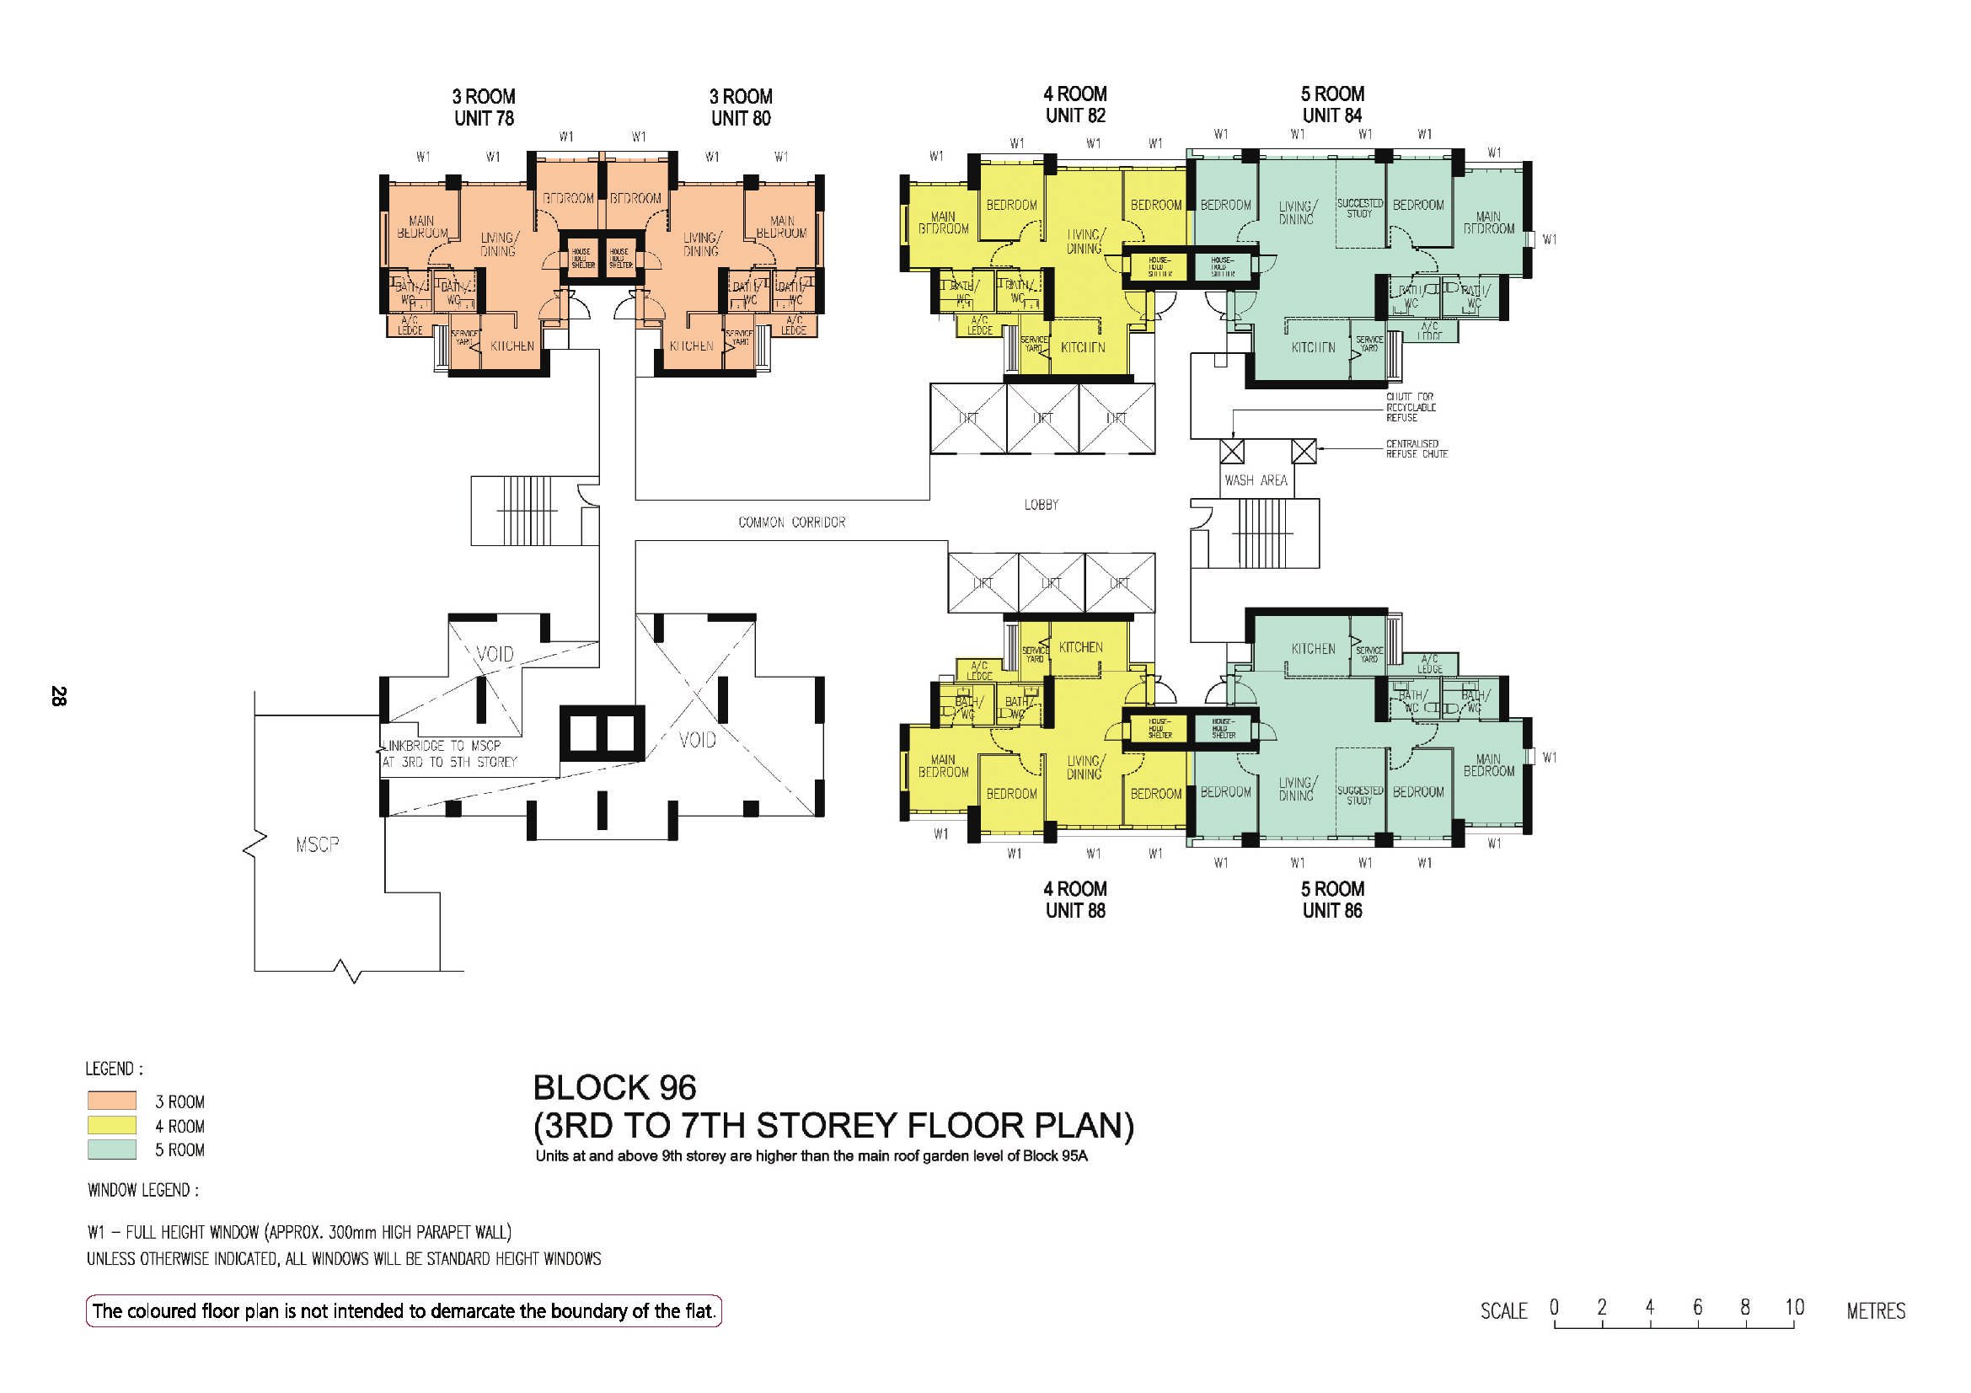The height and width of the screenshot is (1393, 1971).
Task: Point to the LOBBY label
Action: (x=1041, y=505)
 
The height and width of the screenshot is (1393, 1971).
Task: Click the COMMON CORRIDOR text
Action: (x=791, y=522)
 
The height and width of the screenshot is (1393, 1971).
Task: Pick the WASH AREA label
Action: (x=1255, y=480)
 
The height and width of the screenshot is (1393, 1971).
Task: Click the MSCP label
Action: (x=317, y=845)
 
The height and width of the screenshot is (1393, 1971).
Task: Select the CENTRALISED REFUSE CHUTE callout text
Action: (x=1417, y=449)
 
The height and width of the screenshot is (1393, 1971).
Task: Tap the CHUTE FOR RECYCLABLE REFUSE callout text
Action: (x=1411, y=407)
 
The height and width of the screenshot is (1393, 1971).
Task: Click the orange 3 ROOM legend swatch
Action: (x=111, y=1101)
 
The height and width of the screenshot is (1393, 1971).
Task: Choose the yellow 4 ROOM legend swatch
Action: (x=111, y=1125)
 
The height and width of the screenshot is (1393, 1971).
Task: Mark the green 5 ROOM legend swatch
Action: (x=111, y=1149)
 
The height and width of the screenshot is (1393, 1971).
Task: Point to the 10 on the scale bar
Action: (x=1794, y=1307)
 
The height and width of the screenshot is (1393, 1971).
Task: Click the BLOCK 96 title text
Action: (x=614, y=1088)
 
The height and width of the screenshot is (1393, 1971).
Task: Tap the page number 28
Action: (x=58, y=695)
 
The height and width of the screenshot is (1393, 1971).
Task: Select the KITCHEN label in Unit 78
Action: (x=511, y=346)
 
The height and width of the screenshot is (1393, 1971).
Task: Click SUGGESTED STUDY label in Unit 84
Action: (x=1360, y=207)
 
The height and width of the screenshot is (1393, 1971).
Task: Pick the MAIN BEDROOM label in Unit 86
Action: (x=1487, y=764)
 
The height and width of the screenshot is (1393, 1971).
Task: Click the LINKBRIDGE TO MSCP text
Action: (x=442, y=746)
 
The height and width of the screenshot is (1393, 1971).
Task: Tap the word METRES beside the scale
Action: (x=1876, y=1310)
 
